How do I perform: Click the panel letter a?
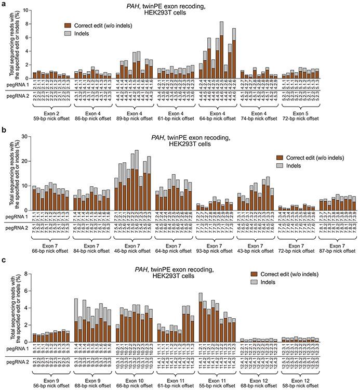coord(4,4)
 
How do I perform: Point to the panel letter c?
coord(4,259)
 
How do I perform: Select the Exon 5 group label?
coord(298,113)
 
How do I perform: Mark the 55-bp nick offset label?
coord(216,379)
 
